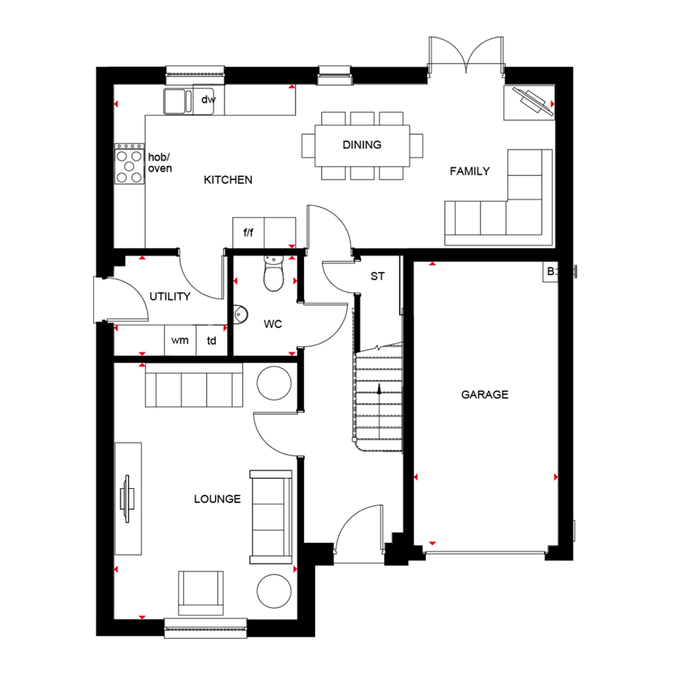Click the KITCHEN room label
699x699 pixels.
click(x=228, y=180)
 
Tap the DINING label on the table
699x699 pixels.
click(x=362, y=145)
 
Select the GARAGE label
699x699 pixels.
click(x=485, y=395)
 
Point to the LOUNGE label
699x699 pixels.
click(x=217, y=499)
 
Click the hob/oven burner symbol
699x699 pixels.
click(x=130, y=164)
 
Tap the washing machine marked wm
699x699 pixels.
click(x=180, y=341)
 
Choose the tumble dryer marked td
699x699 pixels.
click(x=212, y=341)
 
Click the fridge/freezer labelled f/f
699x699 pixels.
click(x=248, y=233)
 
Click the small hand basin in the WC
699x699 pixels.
click(x=240, y=315)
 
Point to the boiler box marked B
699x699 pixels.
click(x=550, y=272)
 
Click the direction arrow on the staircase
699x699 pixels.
click(x=379, y=389)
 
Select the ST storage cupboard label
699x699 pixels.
click(x=377, y=276)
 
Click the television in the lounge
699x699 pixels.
click(x=127, y=499)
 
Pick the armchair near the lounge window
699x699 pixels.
click(x=201, y=593)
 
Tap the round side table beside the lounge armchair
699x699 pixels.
click(x=274, y=590)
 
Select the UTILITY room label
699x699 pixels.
click(x=170, y=296)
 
